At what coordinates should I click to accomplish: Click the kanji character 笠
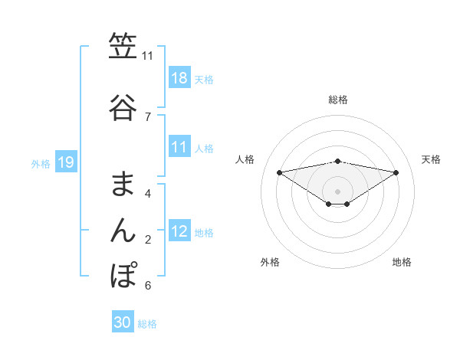coord(123,47)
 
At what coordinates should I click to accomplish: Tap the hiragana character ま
coord(123,183)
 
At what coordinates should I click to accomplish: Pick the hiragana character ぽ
coord(123,274)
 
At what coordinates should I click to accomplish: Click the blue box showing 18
coord(179,78)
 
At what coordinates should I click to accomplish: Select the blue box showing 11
coord(179,148)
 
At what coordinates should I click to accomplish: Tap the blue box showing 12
coord(179,231)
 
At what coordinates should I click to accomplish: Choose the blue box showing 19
coord(65,162)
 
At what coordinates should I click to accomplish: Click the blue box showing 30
coord(123,322)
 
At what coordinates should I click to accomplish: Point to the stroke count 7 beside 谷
coord(148,116)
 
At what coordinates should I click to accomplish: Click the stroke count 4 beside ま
coord(148,193)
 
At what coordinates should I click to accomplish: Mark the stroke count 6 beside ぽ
coord(148,286)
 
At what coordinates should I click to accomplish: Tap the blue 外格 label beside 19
coord(41,163)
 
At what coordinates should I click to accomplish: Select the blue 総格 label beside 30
coord(147,324)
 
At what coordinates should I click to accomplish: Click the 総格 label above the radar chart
coord(338,100)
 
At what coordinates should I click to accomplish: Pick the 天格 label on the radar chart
coord(432,159)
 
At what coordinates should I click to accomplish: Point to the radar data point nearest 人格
coord(280,172)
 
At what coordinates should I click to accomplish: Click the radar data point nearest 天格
coord(396,172)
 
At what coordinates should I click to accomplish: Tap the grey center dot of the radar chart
coord(338,191)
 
